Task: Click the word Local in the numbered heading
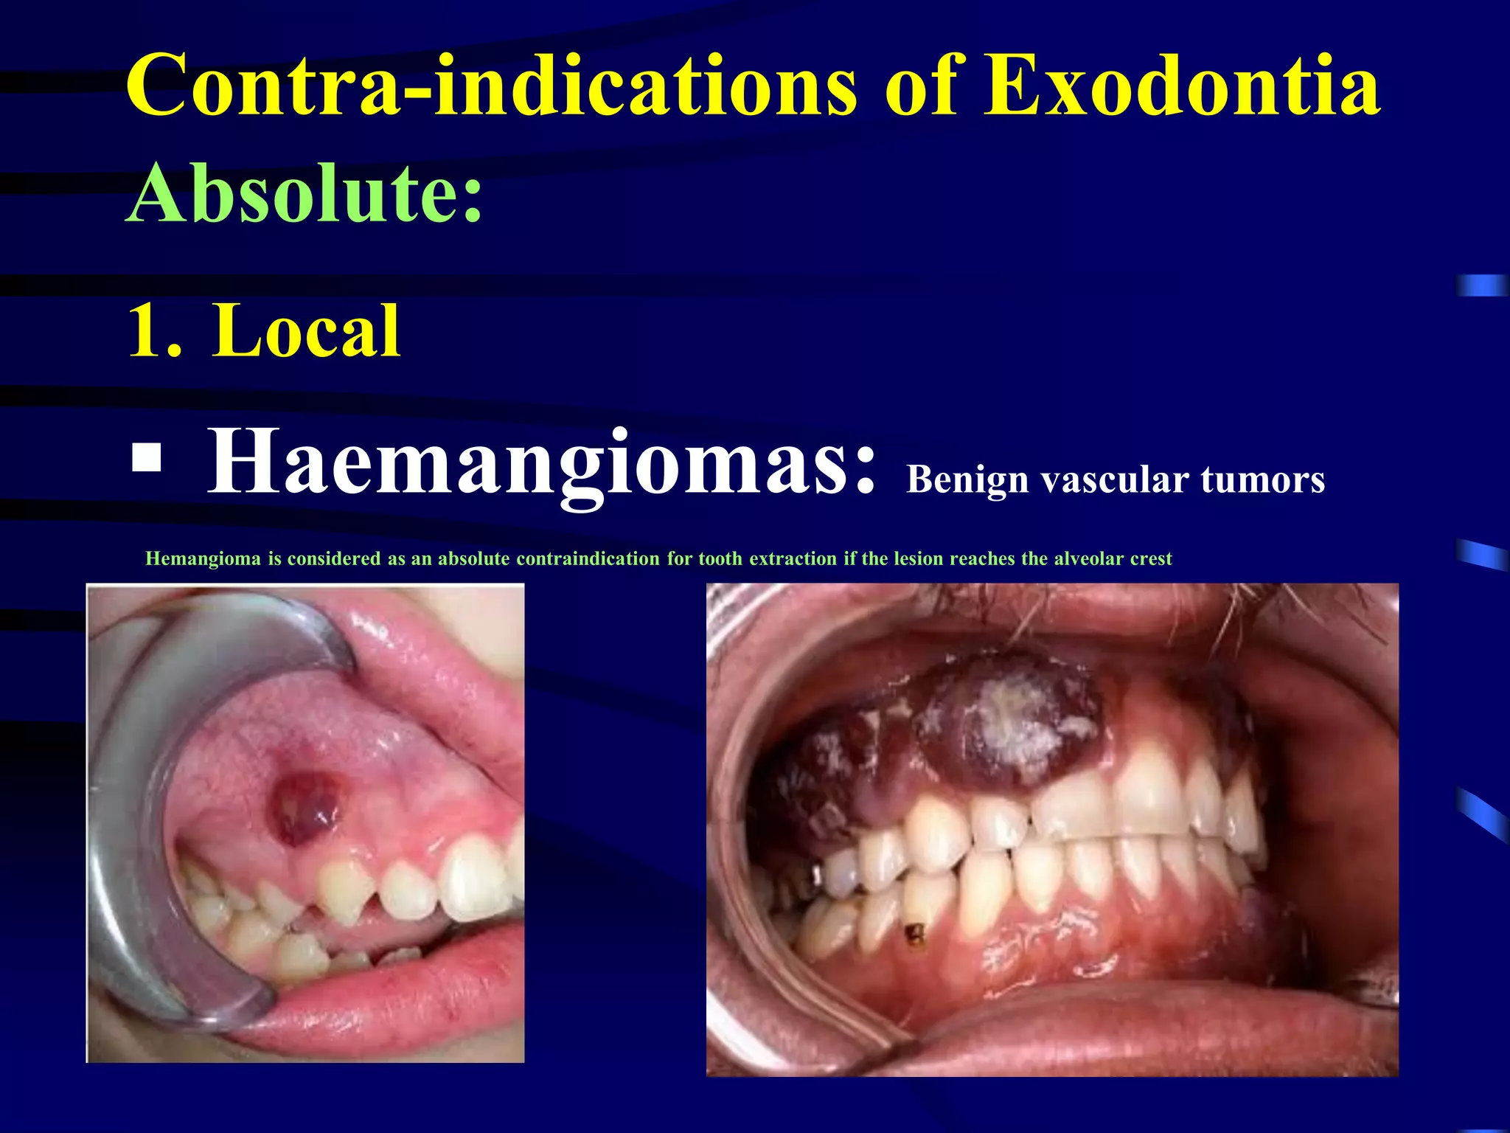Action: (x=306, y=331)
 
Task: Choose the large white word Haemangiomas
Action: (x=542, y=463)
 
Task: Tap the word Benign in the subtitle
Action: (x=967, y=480)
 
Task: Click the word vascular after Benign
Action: (x=1114, y=480)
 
